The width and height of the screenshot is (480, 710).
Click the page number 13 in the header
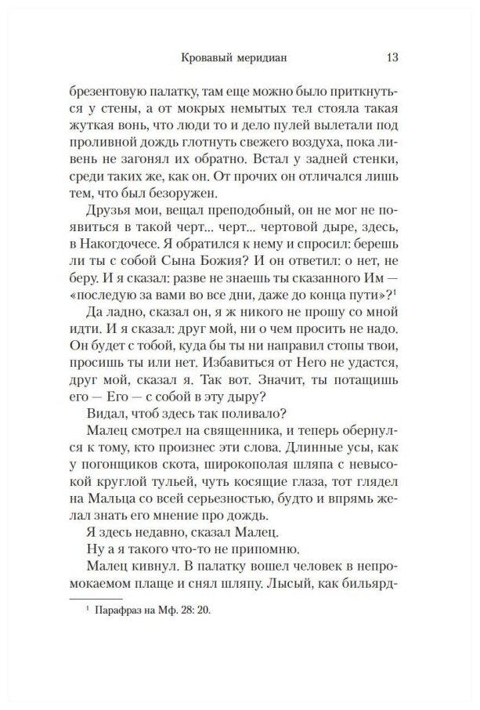click(394, 57)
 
